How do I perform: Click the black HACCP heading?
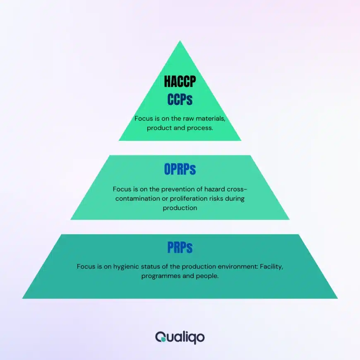click(x=180, y=82)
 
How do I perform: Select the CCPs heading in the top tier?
click(x=180, y=100)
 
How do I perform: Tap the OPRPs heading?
click(x=180, y=169)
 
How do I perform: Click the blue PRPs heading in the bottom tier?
click(x=180, y=247)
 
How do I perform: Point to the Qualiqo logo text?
click(x=180, y=338)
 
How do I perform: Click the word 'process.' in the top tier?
click(x=200, y=128)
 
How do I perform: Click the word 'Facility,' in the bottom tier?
click(x=271, y=266)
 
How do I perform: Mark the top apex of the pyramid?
click(x=180, y=41)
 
